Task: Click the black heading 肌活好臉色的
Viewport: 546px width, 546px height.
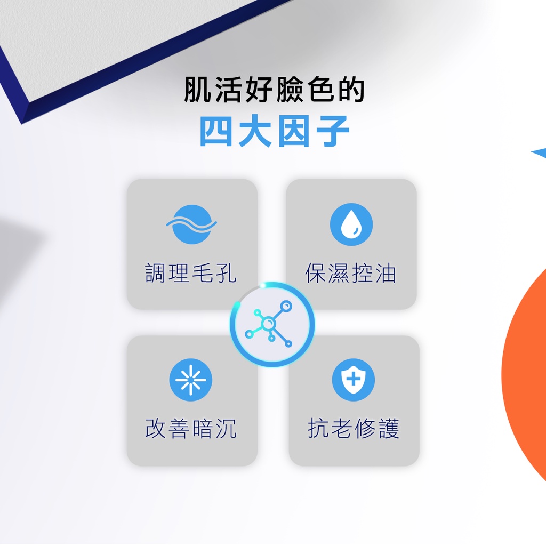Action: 275,90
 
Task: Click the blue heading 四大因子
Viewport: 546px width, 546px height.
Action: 275,131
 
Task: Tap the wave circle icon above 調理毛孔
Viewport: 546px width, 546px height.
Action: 191,224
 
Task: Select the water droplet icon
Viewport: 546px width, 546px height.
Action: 351,224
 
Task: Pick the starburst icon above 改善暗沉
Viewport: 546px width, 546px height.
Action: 190,380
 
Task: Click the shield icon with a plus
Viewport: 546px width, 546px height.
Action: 354,380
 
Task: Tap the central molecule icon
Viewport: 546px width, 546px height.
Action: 272,324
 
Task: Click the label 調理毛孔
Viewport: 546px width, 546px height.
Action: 191,273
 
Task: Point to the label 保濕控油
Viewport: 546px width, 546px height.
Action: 350,273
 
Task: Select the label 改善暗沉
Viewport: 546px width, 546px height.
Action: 191,428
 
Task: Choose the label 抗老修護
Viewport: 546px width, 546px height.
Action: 354,428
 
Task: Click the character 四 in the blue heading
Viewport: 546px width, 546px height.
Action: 216,131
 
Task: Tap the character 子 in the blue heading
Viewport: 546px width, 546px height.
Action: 333,131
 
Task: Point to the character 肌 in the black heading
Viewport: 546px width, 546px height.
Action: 197,90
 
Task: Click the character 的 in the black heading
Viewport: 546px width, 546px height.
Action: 351,90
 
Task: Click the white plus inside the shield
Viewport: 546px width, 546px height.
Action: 354,379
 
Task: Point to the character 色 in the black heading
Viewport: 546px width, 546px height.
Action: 320,90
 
